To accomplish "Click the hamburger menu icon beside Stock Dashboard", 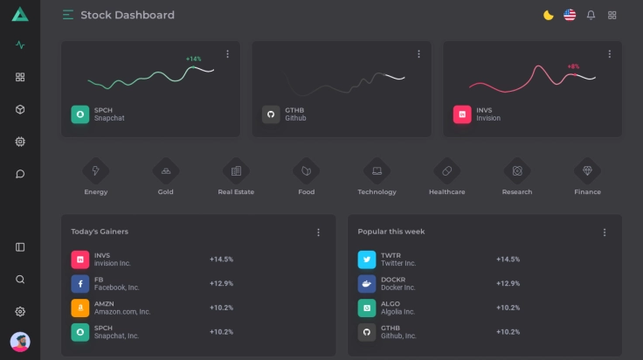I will (x=68, y=15).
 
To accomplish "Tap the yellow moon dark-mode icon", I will (x=548, y=15).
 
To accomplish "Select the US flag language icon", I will (x=570, y=15).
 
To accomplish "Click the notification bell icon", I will (x=591, y=15).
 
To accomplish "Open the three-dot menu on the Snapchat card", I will (x=228, y=54).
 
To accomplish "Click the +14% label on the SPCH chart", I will (x=193, y=59).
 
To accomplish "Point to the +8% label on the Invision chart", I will (x=573, y=66).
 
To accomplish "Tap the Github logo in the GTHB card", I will (x=271, y=114).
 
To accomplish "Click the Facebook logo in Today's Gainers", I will (x=80, y=284).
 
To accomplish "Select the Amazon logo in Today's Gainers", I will (x=80, y=308).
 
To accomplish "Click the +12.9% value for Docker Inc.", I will (x=508, y=284).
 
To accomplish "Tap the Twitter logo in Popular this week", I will (x=367, y=260).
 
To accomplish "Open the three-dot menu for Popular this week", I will (x=604, y=232).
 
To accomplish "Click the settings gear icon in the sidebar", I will (x=20, y=312).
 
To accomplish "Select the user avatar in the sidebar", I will (x=20, y=342).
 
